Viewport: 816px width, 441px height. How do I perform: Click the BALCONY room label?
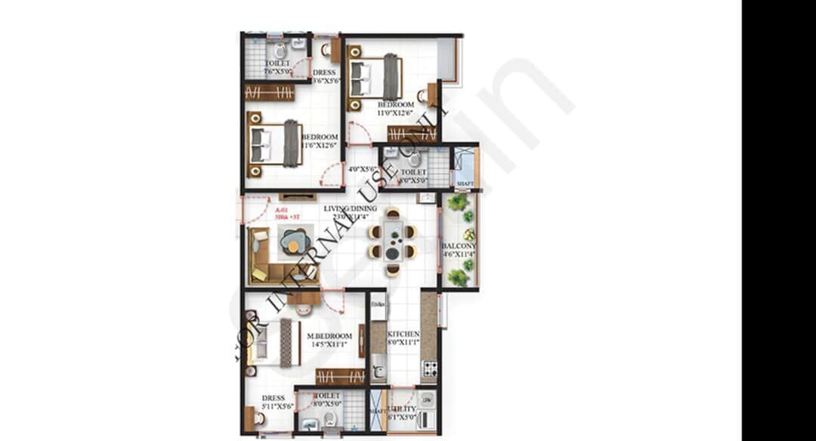click(458, 247)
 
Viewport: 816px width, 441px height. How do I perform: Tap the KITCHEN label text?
click(403, 334)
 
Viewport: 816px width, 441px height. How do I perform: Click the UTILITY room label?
click(402, 409)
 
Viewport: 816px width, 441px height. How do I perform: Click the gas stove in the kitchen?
click(429, 369)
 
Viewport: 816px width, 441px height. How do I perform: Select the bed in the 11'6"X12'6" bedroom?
click(275, 143)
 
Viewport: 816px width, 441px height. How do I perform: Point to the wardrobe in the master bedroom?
click(340, 376)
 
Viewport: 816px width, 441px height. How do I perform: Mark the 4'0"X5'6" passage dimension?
click(362, 169)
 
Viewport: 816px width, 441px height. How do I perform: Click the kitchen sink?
click(379, 371)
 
